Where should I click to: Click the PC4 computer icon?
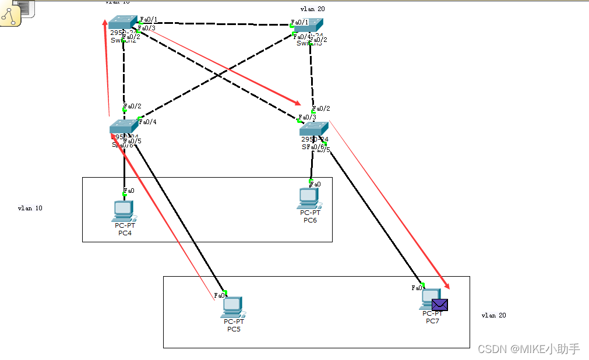[x=123, y=210]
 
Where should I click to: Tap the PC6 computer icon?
[x=309, y=198]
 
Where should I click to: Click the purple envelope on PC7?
[x=439, y=305]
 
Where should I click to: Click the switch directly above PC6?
[x=313, y=129]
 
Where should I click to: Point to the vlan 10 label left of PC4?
[x=30, y=208]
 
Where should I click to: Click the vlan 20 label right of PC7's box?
[x=493, y=315]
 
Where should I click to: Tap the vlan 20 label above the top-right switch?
[x=312, y=9]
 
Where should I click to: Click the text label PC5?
[x=234, y=329]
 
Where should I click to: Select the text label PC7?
[x=432, y=321]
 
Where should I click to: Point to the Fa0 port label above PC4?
[x=129, y=190]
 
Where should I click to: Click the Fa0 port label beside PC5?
[x=219, y=295]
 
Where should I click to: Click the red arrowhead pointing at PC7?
[x=447, y=285]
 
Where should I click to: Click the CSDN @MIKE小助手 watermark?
[x=528, y=349]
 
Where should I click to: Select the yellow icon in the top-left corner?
[x=10, y=17]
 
